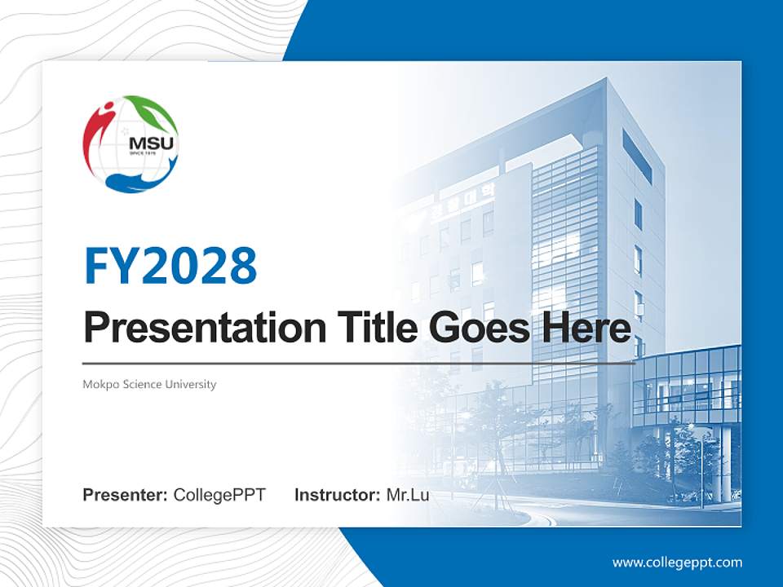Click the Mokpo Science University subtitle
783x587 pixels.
[149, 384]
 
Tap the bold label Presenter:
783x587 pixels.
[126, 495]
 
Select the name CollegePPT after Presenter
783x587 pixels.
[219, 495]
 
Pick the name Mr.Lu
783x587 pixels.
[408, 495]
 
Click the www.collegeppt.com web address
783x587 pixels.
[677, 563]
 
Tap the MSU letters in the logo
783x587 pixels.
[144, 144]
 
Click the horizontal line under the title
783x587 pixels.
[359, 362]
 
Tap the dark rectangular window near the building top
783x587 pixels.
[637, 157]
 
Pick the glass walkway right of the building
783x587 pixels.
[689, 383]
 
